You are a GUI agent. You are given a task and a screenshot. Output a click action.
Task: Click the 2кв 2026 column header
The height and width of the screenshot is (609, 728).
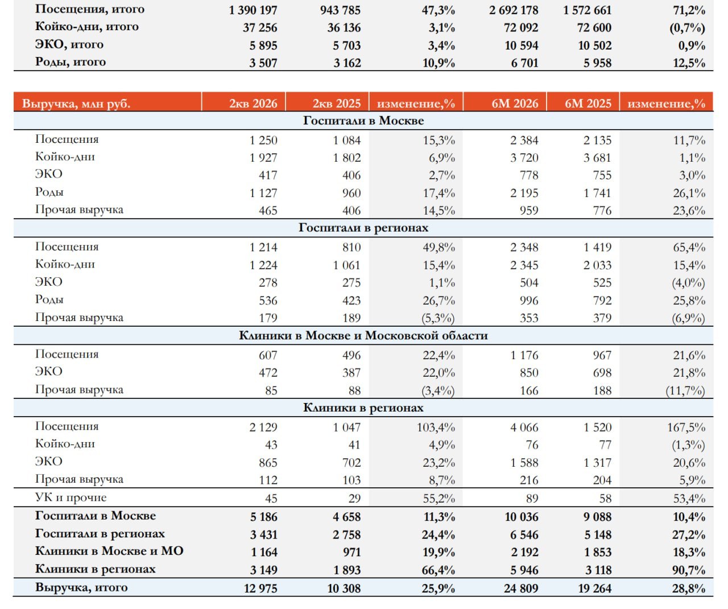coord(253,104)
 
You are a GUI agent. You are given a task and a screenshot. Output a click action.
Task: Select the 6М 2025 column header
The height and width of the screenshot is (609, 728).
coord(588,104)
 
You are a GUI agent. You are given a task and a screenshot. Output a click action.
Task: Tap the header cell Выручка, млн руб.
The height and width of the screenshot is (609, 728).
coord(76,104)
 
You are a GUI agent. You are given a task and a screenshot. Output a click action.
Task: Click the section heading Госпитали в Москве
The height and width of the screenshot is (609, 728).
coord(363,121)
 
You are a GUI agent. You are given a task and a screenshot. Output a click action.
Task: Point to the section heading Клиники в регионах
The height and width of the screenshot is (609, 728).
coord(363,408)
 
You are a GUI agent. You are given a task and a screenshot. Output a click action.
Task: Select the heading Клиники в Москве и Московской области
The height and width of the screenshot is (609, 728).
coord(363,335)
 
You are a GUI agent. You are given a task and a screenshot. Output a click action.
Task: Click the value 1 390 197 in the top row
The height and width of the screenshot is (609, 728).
coord(253,10)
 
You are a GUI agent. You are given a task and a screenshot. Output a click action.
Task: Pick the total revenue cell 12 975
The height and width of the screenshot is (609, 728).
coord(260,588)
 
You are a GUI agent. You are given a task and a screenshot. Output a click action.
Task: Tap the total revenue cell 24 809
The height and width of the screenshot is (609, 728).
coord(521,588)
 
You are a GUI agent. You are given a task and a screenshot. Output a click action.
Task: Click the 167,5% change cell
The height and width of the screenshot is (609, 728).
coord(686,427)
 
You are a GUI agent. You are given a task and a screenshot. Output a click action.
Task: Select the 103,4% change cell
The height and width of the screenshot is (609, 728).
coord(436,427)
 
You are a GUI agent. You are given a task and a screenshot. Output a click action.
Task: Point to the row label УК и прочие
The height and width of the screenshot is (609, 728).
coord(71,497)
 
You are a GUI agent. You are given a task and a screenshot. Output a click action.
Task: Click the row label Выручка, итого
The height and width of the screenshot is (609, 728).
coord(81,587)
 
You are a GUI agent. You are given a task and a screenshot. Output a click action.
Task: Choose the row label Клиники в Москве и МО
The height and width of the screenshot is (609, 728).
coord(109,551)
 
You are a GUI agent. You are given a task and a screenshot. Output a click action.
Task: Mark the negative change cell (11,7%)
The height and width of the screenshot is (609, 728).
coord(685,390)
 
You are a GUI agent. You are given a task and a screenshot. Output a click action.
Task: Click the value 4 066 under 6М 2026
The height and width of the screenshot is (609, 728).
coord(524,427)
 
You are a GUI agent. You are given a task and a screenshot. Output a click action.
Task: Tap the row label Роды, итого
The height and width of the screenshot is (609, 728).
coord(71,62)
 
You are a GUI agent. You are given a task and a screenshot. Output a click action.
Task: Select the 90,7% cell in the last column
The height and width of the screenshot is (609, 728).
coord(689,570)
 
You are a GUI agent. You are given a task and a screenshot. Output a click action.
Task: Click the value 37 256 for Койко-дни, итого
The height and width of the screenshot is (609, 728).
coord(260,27)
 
